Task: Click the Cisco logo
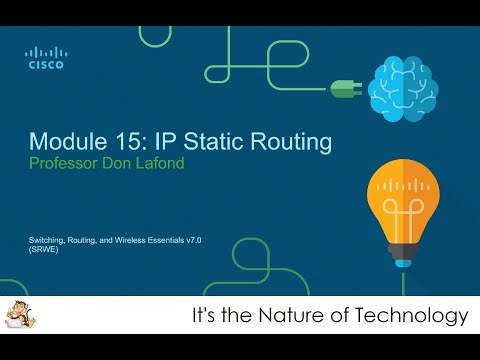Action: (x=45, y=58)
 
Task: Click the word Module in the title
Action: (x=66, y=138)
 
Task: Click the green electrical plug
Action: (x=344, y=88)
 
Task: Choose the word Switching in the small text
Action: (x=47, y=242)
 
